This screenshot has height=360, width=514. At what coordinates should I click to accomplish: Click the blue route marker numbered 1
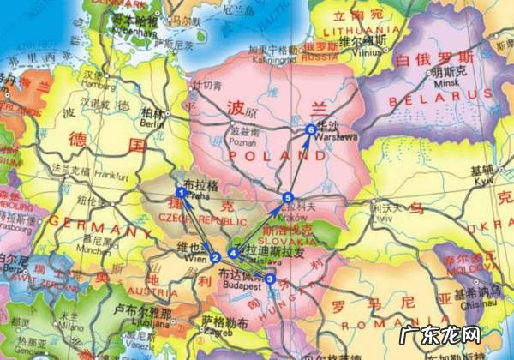pyautogui.click(x=181, y=193)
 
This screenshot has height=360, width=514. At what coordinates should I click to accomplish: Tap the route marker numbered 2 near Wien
pyautogui.click(x=216, y=256)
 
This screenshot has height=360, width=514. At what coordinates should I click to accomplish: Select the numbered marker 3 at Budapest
pyautogui.click(x=271, y=279)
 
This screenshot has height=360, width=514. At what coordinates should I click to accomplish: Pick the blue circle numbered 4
pyautogui.click(x=232, y=253)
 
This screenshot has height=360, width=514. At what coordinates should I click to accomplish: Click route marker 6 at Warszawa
pyautogui.click(x=310, y=129)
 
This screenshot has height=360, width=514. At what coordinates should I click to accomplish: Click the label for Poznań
pyautogui.click(x=243, y=144)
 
